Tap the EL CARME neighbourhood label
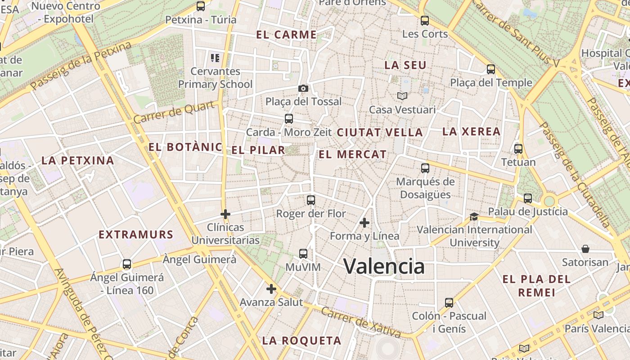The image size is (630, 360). pos(286,35)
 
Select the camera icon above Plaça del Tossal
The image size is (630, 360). pos(303,88)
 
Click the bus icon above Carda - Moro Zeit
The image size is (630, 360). pos(289,119)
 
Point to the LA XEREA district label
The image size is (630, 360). pos(471,131)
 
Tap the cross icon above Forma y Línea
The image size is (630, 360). pos(364,222)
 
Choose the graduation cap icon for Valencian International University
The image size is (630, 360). pos(474,216)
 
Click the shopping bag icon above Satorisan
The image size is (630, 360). pos(585,249)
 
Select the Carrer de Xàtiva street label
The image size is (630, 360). pos(361,322)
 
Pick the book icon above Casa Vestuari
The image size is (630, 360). pos(402,96)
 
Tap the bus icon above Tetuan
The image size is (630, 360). pos(518,149)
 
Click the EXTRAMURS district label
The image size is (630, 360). pos(136,234)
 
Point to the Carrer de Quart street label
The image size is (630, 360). pos(174,112)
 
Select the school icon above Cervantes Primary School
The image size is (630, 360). pos(215,58)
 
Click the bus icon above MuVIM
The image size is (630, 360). pos(303,254)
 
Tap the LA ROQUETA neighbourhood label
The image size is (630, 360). pos(301,340)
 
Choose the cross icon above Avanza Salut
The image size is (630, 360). pos(271,288)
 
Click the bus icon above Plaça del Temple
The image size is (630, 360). pos(491,69)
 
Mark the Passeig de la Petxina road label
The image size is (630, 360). pos(81,66)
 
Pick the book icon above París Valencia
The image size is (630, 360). pos(598,315)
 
